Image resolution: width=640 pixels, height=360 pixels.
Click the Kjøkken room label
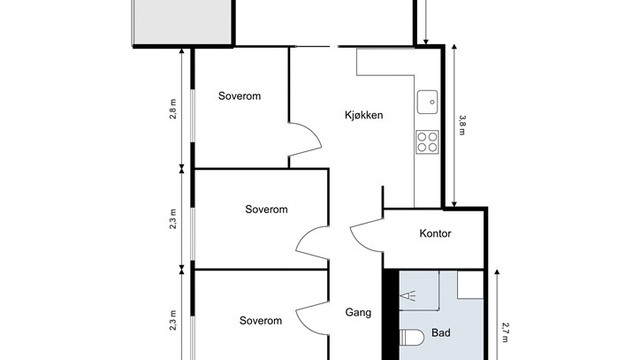click(364, 115)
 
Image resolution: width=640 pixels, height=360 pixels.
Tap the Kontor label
click(435, 233)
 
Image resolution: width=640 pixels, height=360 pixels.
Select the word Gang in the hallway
click(358, 313)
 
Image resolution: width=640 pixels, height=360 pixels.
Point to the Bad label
click(441, 333)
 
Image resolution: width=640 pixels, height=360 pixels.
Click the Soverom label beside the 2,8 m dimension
click(239, 96)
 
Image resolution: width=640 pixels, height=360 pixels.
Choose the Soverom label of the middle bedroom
click(266, 209)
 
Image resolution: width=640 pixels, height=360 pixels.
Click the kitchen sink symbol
click(427, 102)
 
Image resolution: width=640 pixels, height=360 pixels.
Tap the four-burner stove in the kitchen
click(427, 142)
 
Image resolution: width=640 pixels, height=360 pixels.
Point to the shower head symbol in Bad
click(409, 296)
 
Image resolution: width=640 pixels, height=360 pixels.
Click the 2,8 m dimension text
click(173, 109)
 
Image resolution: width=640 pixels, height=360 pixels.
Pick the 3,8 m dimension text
click(462, 125)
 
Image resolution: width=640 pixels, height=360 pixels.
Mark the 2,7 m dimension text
click(505, 332)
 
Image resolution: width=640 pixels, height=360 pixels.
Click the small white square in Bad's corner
click(470, 284)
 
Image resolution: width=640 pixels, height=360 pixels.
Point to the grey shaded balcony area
click(182, 21)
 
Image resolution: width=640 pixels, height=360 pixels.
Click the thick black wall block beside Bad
click(392, 315)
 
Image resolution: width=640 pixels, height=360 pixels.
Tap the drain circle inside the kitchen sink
click(432, 102)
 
